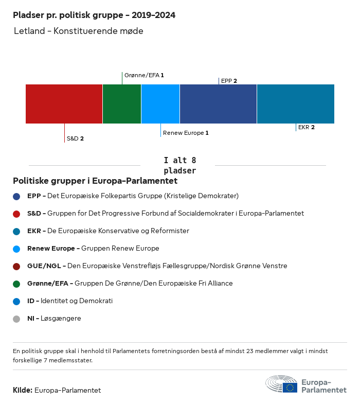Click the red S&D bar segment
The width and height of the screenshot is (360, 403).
[x=64, y=103]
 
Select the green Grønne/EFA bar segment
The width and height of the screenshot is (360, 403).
[x=122, y=103]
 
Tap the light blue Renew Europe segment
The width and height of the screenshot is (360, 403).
[x=160, y=103]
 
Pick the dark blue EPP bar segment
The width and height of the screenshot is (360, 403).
[x=218, y=103]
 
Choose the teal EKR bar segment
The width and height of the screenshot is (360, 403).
[x=296, y=103]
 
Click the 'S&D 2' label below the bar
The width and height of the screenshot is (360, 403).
[x=75, y=138]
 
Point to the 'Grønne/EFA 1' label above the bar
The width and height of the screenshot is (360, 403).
[x=144, y=75]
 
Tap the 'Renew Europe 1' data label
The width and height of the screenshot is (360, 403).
[x=186, y=133]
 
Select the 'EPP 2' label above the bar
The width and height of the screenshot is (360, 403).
[x=229, y=81]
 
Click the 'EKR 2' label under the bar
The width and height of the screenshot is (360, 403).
[x=307, y=127]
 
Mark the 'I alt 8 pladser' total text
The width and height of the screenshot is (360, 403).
[x=179, y=165]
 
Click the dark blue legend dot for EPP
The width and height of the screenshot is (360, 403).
[x=16, y=196]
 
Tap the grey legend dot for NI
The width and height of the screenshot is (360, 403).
[x=16, y=319]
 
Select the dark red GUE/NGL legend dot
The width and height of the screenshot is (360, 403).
[x=16, y=266]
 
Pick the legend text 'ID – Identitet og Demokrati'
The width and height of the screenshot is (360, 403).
[x=70, y=301]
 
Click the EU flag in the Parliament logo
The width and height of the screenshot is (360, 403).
[x=290, y=388]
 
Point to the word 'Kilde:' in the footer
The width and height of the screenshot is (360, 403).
[x=23, y=390]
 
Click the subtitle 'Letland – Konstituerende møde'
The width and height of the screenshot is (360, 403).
[x=78, y=31]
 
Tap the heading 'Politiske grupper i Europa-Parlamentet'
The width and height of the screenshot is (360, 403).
[x=95, y=181]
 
